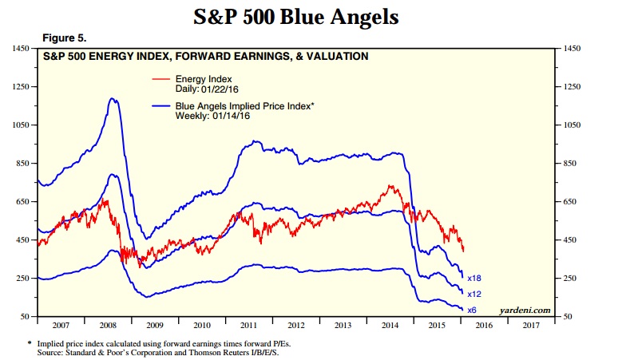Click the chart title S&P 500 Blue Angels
[x=309, y=16]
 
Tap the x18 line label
[x=473, y=278]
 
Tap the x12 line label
[x=473, y=294]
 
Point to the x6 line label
[x=471, y=310]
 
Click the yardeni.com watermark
[x=525, y=310]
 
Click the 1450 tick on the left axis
[x=18, y=49]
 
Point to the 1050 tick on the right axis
[x=574, y=125]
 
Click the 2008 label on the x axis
[x=109, y=326]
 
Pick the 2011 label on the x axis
[x=249, y=326]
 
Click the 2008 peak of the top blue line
[x=113, y=98]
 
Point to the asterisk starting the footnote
[x=30, y=341]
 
